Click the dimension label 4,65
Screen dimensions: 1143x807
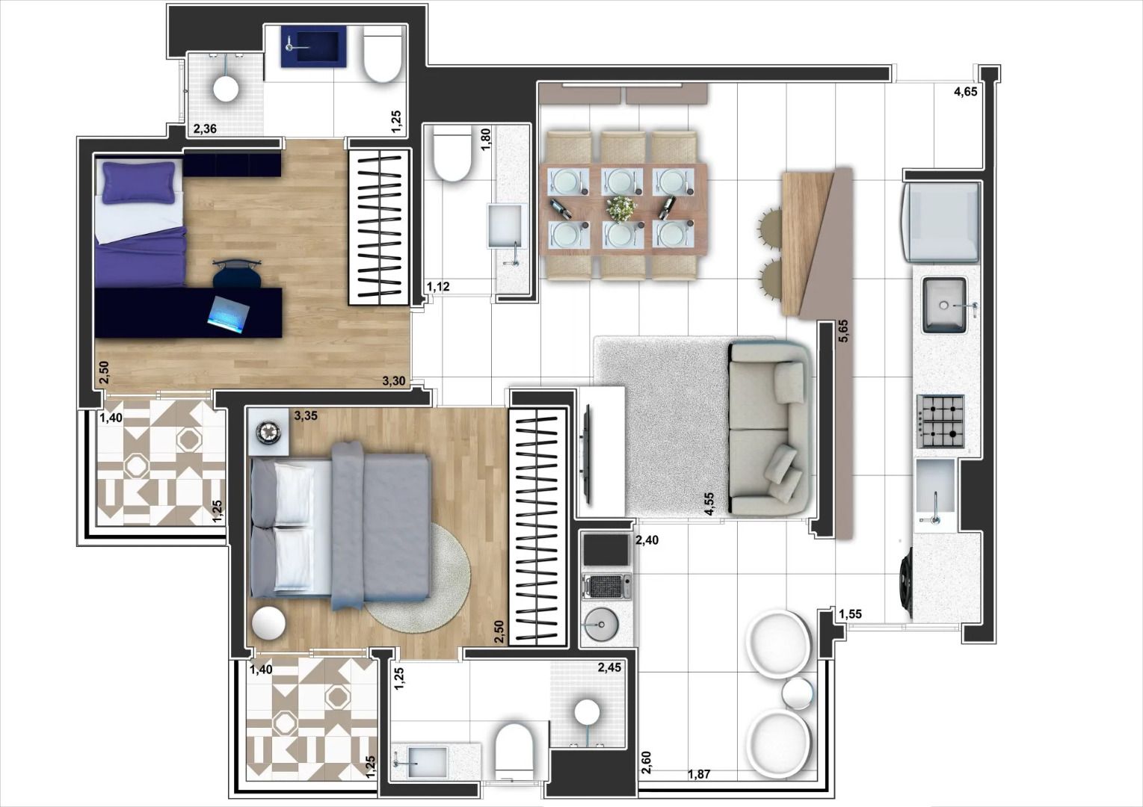click(x=965, y=93)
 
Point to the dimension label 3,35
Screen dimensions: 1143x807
click(x=306, y=415)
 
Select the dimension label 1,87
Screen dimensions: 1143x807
click(x=698, y=774)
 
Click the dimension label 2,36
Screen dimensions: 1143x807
click(x=205, y=129)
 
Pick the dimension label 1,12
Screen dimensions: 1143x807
click(x=438, y=287)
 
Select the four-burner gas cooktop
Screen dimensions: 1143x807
click(x=940, y=421)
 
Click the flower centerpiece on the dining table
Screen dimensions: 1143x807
click(x=621, y=208)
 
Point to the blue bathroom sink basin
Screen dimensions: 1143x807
click(x=314, y=46)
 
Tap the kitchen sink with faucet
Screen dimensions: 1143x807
click(x=945, y=305)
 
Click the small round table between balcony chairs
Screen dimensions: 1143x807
click(x=798, y=693)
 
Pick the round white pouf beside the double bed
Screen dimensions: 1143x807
click(x=268, y=622)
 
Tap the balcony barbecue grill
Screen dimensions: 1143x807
click(x=606, y=586)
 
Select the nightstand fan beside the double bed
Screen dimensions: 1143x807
click(x=269, y=432)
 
